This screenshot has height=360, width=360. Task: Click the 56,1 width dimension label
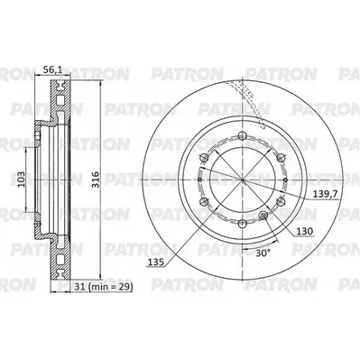click(x=52, y=70)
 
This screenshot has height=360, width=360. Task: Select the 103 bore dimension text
click(x=21, y=180)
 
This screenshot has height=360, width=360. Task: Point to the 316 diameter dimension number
click(x=95, y=180)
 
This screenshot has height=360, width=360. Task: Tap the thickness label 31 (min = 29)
click(x=103, y=287)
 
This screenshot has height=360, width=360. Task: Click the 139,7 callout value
click(x=325, y=194)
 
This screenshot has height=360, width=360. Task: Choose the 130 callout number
click(x=305, y=231)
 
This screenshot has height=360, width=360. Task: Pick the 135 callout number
click(x=155, y=263)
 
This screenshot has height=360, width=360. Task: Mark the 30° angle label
click(x=263, y=254)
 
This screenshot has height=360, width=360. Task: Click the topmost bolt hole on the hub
click(x=243, y=135)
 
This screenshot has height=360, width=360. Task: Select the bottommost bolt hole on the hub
click(x=243, y=224)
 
